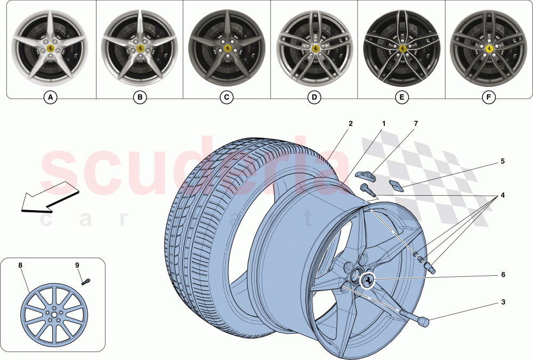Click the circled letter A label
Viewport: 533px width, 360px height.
[50, 98]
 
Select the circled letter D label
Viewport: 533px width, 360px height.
[314, 98]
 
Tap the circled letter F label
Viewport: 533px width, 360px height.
[488, 98]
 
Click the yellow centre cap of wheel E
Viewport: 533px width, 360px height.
[401, 49]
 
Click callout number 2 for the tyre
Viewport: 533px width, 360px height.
[350, 124]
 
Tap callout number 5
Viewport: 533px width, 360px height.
[502, 161]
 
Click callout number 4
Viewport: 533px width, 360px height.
[502, 195]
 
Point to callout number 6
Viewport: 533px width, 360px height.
[502, 275]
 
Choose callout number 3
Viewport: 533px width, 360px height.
[502, 302]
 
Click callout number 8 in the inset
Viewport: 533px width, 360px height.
[20, 265]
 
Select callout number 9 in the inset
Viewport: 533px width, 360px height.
[77, 265]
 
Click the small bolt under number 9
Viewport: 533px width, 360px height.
[86, 281]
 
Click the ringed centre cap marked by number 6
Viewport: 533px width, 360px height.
[368, 281]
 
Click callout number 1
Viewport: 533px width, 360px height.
[383, 124]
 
